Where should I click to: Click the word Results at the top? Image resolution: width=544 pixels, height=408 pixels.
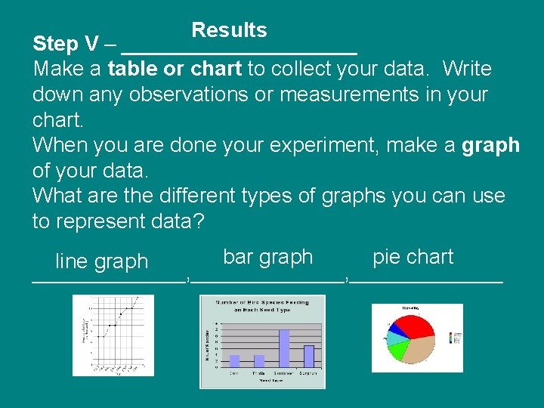pos(229,30)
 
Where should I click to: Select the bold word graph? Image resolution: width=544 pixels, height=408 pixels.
pos(490,145)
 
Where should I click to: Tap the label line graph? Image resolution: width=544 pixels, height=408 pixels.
pos(101,261)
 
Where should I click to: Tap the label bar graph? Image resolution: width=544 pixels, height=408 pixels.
pos(267,257)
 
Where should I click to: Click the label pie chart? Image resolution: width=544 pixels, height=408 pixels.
pos(413,257)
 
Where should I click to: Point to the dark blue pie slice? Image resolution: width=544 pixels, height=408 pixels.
pos(391,329)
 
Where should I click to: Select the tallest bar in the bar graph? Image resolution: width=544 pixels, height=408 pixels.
pos(284,348)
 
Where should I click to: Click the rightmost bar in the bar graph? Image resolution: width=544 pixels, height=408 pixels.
pos(308,356)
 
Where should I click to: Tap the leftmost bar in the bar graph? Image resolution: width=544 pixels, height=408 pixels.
pos(234,360)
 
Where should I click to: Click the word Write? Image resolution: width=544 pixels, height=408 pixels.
pos(467,70)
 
